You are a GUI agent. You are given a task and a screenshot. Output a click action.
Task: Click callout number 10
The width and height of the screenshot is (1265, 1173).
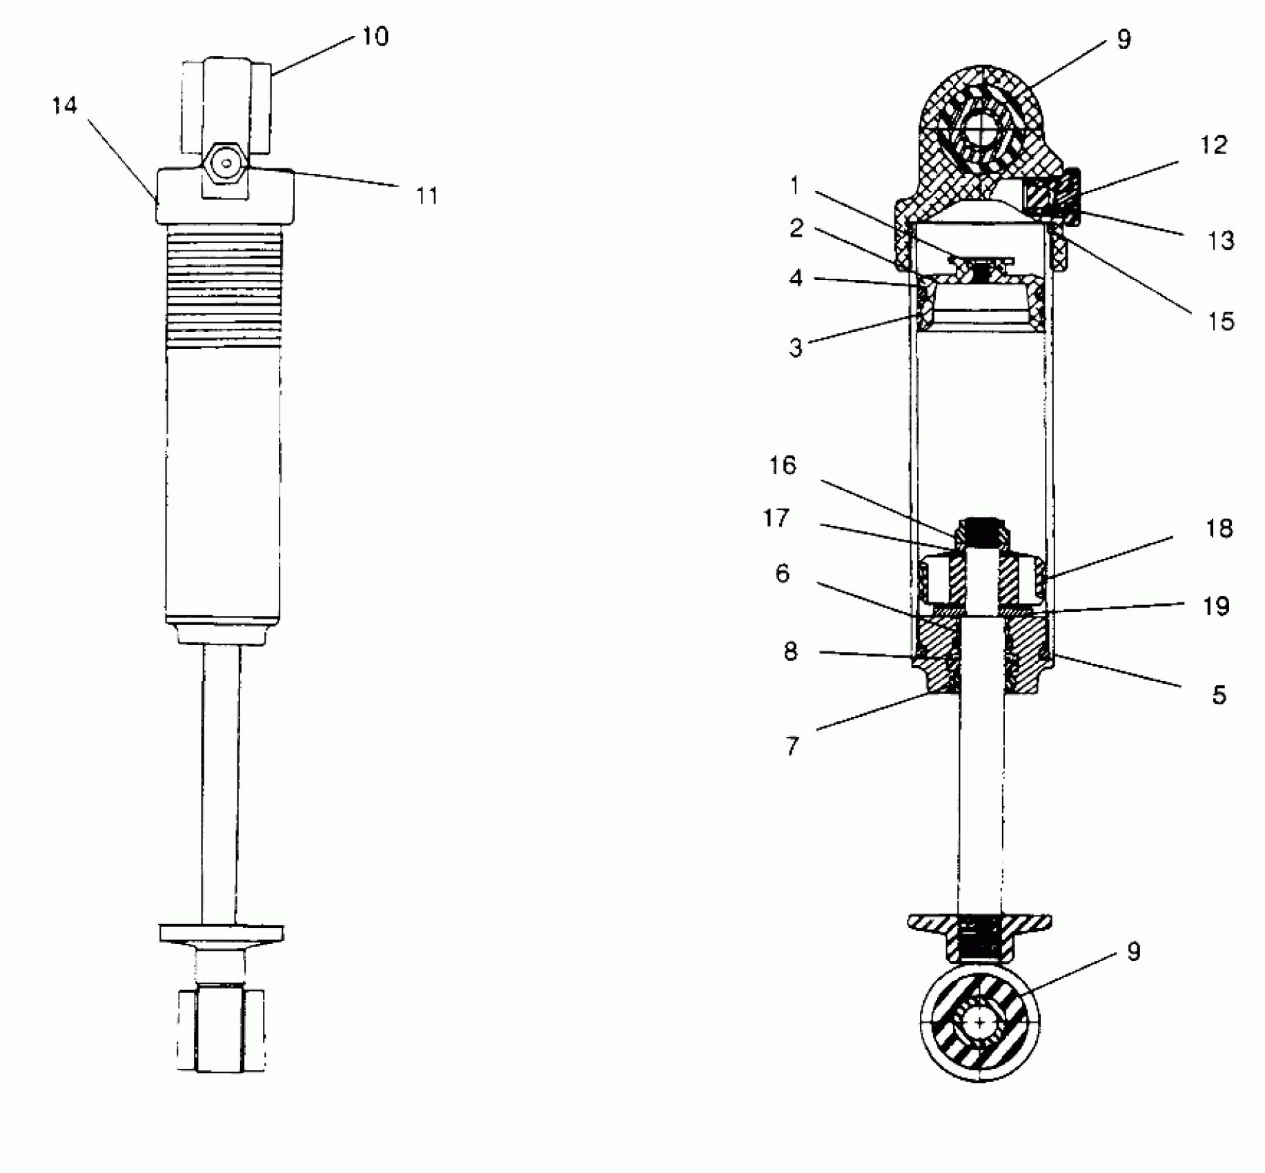pyautogui.click(x=375, y=36)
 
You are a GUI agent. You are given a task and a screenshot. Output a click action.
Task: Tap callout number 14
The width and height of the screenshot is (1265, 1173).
pyautogui.click(x=65, y=106)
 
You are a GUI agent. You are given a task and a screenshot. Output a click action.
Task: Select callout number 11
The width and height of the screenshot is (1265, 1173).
pyautogui.click(x=427, y=196)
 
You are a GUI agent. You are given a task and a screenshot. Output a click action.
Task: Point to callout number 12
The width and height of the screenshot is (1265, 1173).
pyautogui.click(x=1214, y=145)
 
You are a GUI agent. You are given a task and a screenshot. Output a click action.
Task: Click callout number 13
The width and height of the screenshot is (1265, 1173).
pyautogui.click(x=1220, y=240)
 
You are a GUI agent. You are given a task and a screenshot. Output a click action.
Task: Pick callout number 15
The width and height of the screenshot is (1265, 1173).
pyautogui.click(x=1220, y=321)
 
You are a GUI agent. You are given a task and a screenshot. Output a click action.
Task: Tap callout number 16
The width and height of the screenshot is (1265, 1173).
pyautogui.click(x=783, y=466)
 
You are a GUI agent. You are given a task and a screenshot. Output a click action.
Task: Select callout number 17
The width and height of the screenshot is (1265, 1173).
pyautogui.click(x=776, y=517)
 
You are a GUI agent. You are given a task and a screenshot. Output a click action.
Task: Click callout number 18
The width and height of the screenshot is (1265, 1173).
pyautogui.click(x=1219, y=529)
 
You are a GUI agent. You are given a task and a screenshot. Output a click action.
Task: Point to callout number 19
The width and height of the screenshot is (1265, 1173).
pyautogui.click(x=1216, y=606)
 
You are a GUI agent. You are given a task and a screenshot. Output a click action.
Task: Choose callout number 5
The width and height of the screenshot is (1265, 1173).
pyautogui.click(x=1219, y=695)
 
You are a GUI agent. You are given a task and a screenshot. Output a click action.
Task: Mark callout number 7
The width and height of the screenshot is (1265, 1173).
pyautogui.click(x=792, y=746)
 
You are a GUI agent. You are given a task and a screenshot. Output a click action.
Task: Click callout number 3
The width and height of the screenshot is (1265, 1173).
pyautogui.click(x=796, y=348)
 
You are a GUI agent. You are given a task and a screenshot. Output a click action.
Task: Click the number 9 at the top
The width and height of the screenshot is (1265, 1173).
pyautogui.click(x=1124, y=39)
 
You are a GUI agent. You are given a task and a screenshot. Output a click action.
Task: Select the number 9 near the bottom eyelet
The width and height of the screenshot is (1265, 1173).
pyautogui.click(x=1133, y=952)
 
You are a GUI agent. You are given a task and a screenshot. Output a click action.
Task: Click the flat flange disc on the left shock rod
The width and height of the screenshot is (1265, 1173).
pyautogui.click(x=221, y=933)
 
